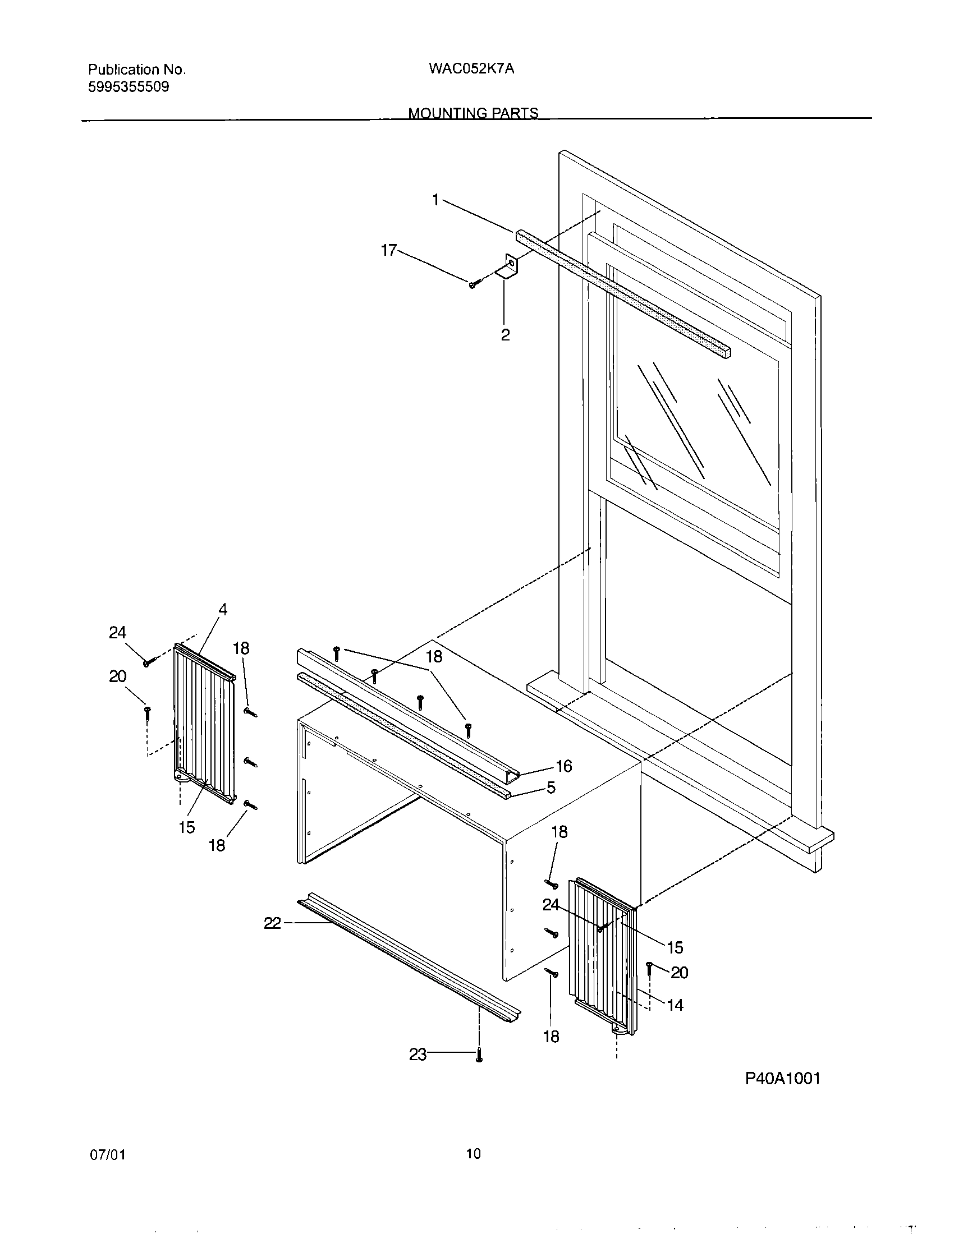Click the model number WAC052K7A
471,69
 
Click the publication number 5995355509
129,87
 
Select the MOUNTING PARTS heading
473,113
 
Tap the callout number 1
435,200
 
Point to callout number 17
389,250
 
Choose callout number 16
563,766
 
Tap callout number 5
551,788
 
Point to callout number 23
418,1055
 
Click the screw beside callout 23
479,1055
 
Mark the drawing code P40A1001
782,1079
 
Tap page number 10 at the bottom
473,1154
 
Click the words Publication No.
137,70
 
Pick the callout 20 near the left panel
117,676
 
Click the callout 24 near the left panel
117,633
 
